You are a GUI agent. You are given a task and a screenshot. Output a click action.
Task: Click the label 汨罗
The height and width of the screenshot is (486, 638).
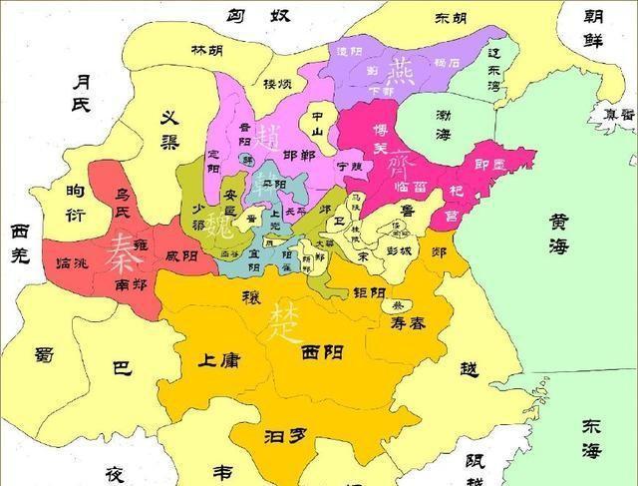click(283, 435)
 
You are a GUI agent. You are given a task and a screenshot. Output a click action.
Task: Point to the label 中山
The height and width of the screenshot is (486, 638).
click(319, 117)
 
